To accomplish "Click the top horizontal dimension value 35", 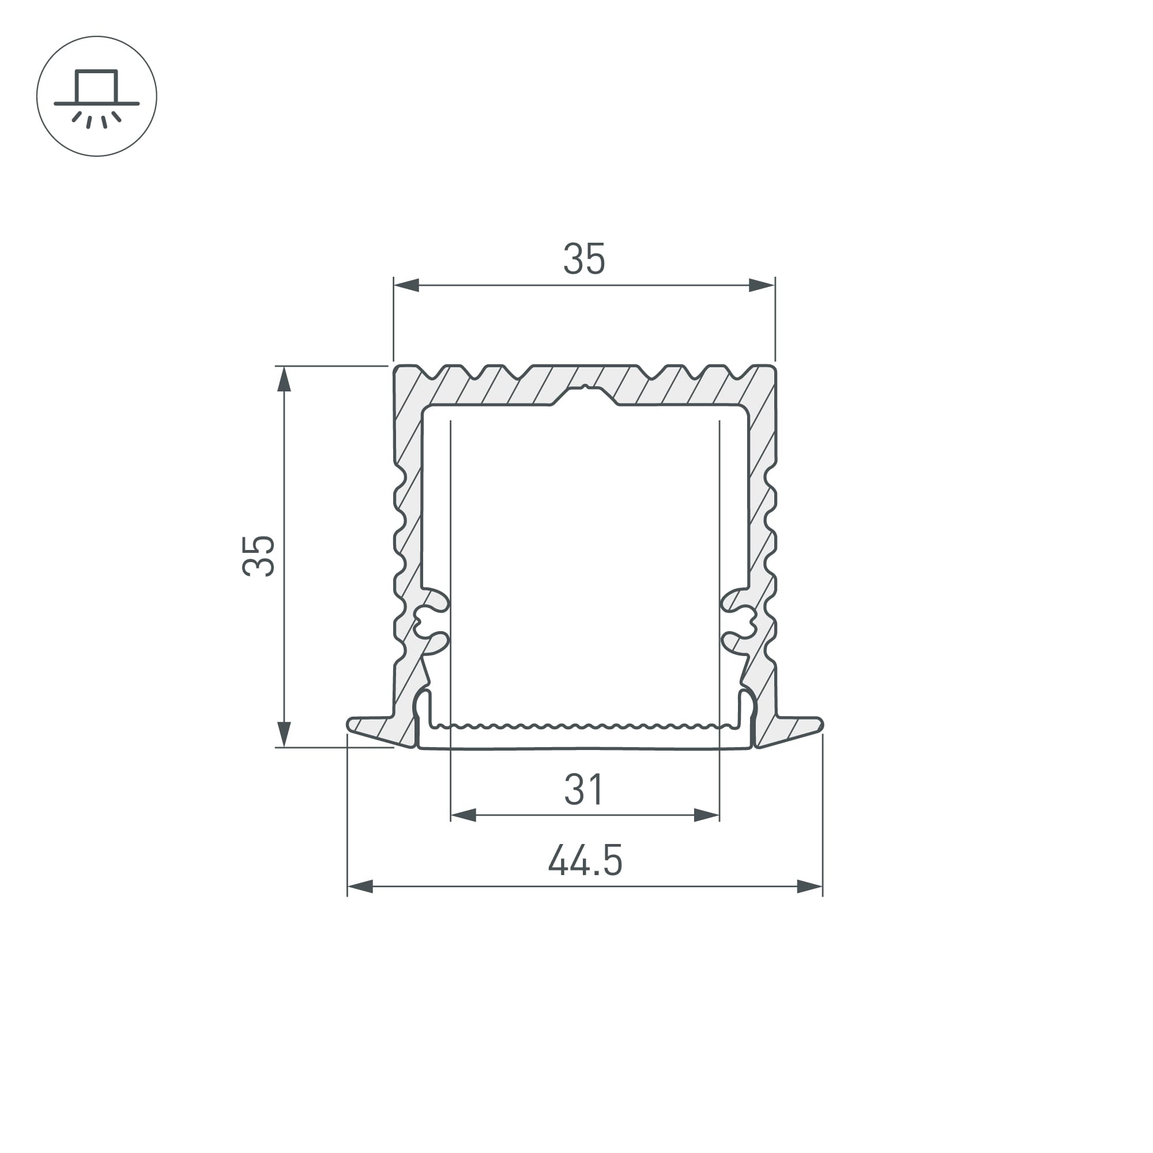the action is tap(584, 259).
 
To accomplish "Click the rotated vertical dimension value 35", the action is tap(258, 556).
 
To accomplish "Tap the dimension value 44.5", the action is tap(585, 860).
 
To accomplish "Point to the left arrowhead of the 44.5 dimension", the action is tap(360, 886).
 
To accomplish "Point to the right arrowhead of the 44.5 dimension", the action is tap(810, 886).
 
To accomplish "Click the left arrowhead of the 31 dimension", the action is tap(463, 815).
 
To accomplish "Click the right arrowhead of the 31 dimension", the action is tap(707, 815).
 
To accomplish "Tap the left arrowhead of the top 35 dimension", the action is tap(406, 285).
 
